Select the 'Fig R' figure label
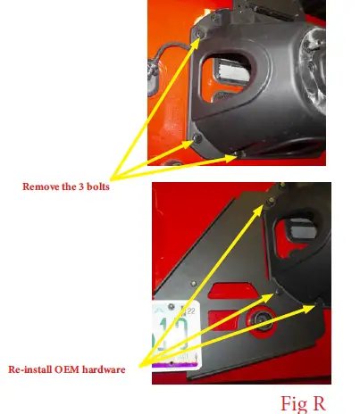coord(304,403)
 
